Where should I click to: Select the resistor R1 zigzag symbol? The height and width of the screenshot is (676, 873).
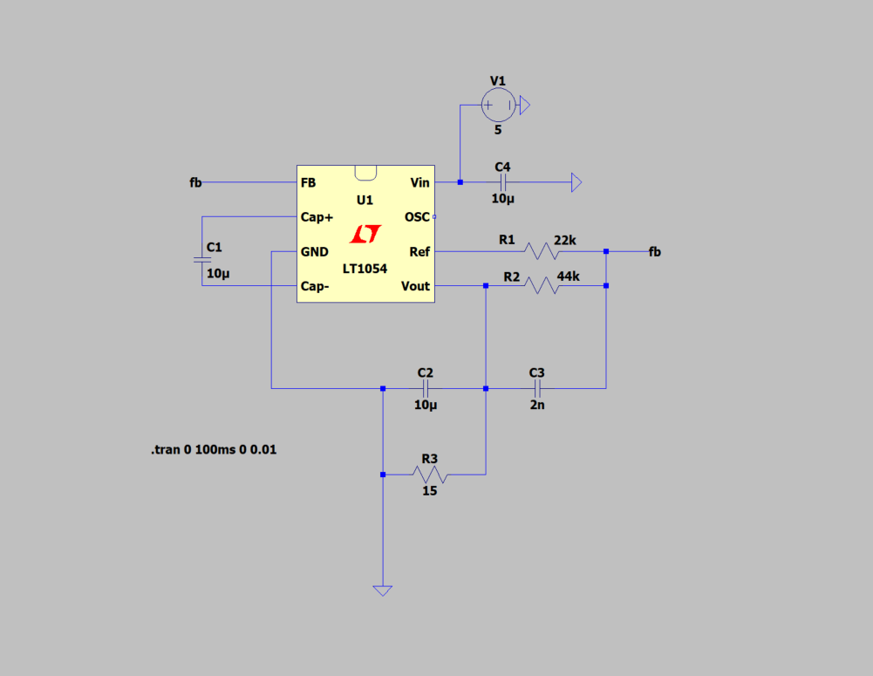(542, 251)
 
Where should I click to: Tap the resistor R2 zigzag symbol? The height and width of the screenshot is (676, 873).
(542, 285)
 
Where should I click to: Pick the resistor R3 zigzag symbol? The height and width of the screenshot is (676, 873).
(430, 475)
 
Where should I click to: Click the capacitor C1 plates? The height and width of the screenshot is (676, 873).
(202, 259)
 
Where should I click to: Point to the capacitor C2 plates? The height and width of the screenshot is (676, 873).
(426, 388)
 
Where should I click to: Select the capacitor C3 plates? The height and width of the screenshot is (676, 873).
(537, 388)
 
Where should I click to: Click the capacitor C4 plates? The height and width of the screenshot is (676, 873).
(502, 182)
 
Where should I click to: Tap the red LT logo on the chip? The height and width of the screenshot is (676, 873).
(365, 234)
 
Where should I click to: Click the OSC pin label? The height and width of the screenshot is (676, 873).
(417, 216)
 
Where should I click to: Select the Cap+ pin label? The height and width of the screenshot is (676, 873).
(317, 216)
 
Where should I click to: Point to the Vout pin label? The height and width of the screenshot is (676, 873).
(415, 286)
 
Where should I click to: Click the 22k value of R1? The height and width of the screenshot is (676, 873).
(565, 240)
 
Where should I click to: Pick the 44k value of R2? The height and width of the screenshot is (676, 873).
(569, 277)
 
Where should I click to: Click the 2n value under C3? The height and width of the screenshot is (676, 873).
(537, 405)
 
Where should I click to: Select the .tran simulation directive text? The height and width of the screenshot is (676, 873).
(214, 449)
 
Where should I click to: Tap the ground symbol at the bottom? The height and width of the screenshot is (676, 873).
(383, 591)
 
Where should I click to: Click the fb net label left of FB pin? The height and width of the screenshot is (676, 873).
(195, 182)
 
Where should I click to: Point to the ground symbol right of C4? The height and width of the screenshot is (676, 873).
(576, 182)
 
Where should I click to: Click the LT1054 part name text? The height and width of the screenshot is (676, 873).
(365, 269)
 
